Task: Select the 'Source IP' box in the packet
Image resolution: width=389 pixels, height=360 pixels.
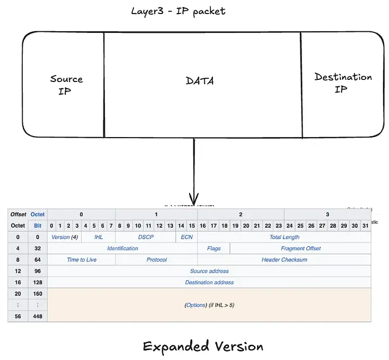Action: pos(66,85)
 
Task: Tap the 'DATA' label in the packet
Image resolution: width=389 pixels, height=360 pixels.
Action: pos(200,81)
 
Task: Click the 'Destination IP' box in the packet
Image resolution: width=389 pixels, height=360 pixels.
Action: pos(343,83)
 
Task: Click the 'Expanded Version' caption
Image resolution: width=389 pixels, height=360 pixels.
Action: pos(203,347)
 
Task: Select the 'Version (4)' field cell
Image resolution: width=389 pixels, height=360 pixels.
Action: pos(64,237)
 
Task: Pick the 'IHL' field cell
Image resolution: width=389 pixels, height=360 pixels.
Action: pos(98,237)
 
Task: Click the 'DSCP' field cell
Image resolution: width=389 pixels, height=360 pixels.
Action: pos(146,237)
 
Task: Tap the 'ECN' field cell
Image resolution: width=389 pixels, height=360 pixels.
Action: pos(186,237)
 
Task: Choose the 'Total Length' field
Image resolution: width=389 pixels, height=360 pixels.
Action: pos(284,237)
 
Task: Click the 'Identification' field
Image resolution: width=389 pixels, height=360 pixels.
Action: pos(123,248)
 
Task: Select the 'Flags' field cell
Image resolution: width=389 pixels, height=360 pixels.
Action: pos(213,248)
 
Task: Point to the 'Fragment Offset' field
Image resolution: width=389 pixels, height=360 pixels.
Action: pos(300,248)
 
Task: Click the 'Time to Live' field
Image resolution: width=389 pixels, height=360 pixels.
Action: pos(82,260)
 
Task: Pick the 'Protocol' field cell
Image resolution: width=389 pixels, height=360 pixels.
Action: pos(157,260)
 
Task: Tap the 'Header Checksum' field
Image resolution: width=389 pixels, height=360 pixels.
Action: pos(284,260)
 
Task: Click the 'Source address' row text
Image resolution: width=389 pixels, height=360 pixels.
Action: pos(209,271)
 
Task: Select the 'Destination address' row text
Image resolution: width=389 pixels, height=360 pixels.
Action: pos(209,282)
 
